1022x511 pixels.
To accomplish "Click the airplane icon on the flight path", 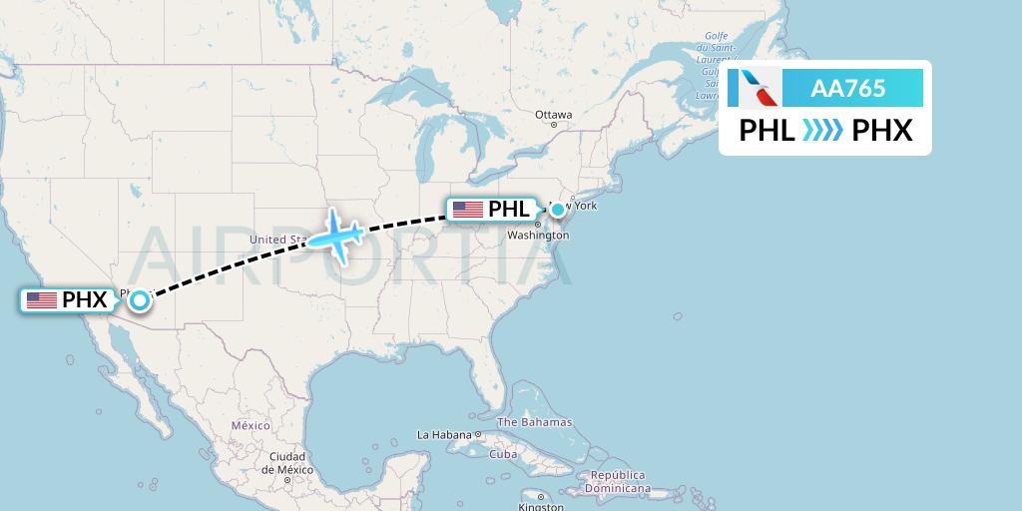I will click(x=336, y=234).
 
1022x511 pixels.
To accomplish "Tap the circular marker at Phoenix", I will click(x=140, y=299).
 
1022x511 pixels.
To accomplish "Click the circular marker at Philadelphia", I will click(x=558, y=210).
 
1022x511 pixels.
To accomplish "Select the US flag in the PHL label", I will click(x=467, y=210).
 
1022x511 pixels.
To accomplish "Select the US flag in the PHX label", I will click(x=42, y=299).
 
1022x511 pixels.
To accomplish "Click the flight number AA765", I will click(x=848, y=88).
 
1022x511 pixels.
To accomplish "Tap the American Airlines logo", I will click(x=756, y=88).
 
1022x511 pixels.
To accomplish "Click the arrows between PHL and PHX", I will click(x=824, y=131).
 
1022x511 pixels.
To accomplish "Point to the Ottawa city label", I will click(x=553, y=115).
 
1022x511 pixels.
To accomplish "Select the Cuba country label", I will click(x=503, y=454).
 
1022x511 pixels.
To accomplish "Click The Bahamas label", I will click(x=535, y=422).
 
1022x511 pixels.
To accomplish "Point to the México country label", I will click(x=251, y=425).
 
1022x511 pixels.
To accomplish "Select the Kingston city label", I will click(x=541, y=507).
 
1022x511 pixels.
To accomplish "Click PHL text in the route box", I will click(x=766, y=131).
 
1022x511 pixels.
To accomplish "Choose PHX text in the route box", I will click(x=882, y=131).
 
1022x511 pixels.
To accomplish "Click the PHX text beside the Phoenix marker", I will click(x=84, y=299).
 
